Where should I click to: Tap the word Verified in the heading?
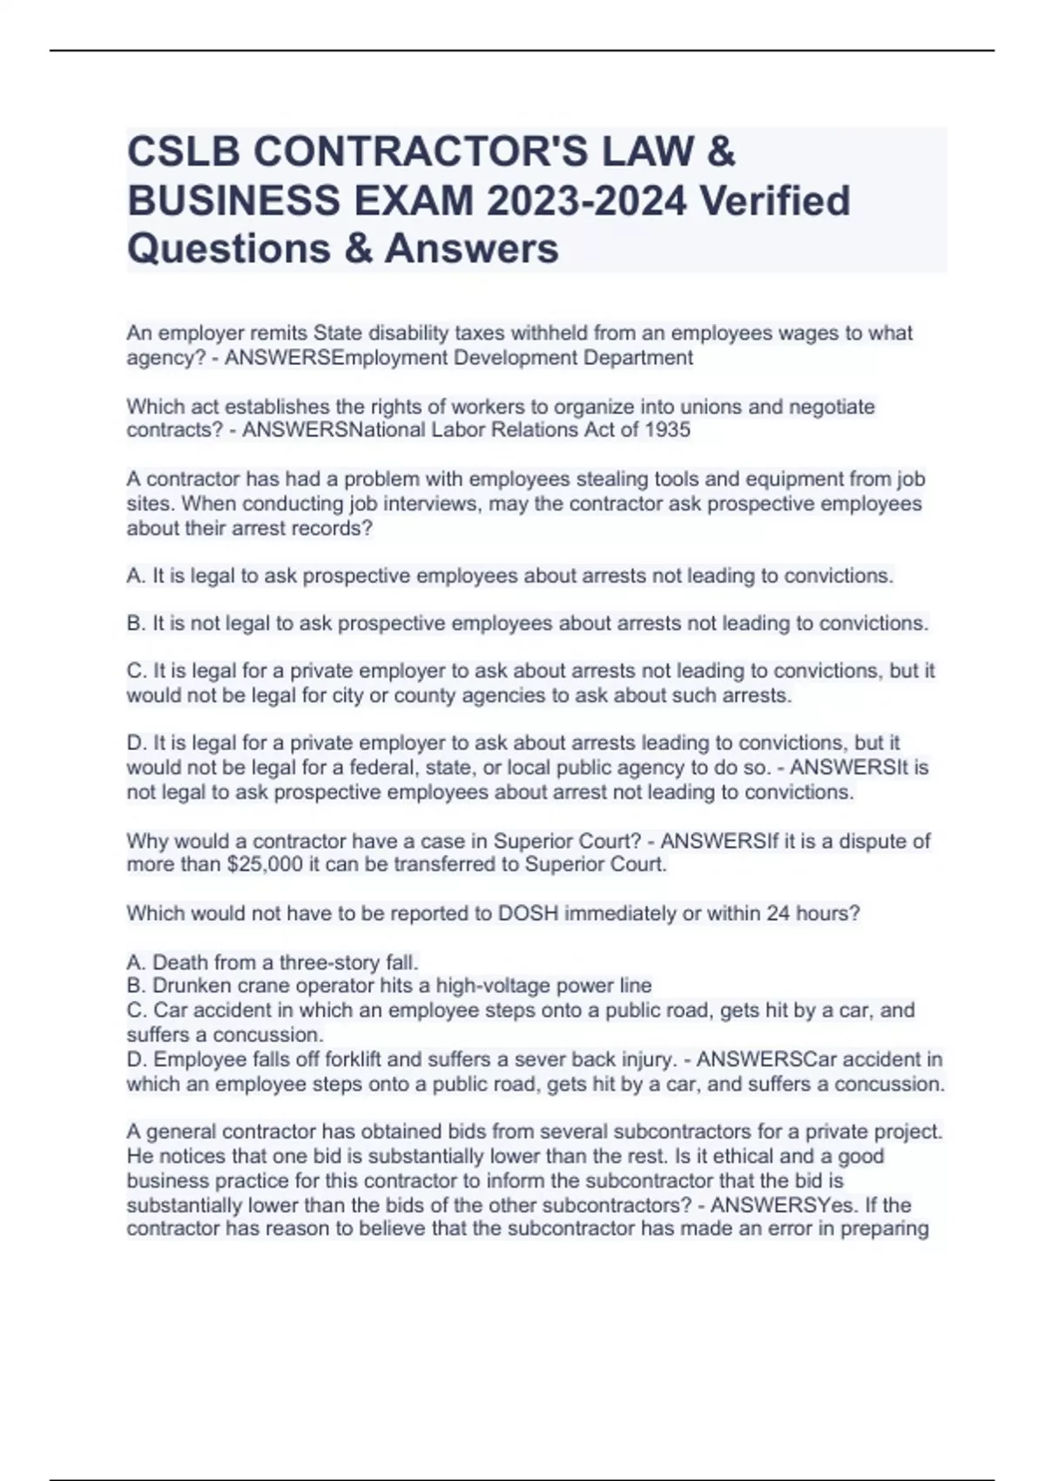(776, 201)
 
